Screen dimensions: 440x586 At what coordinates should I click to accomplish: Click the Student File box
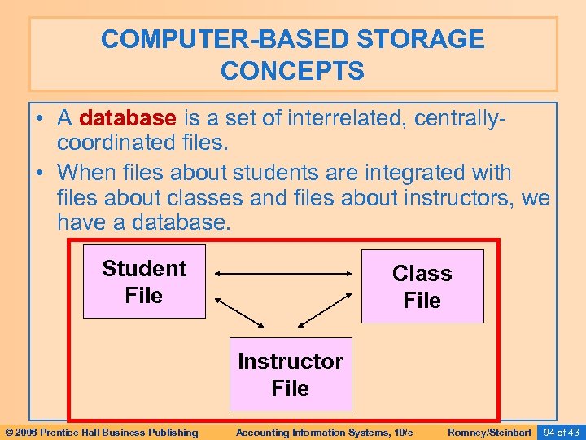144,282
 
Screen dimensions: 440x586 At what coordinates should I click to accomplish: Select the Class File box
422,286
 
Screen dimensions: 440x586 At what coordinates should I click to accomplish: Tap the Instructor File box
290,374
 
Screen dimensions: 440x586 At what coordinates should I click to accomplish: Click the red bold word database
127,118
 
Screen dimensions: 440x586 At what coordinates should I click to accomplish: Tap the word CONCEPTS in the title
292,72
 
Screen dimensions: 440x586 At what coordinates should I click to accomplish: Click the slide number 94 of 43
561,432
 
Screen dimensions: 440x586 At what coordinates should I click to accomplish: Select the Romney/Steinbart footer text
489,432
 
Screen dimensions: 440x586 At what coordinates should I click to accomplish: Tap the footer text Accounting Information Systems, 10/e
324,432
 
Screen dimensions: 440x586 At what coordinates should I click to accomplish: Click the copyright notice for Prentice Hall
101,432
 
